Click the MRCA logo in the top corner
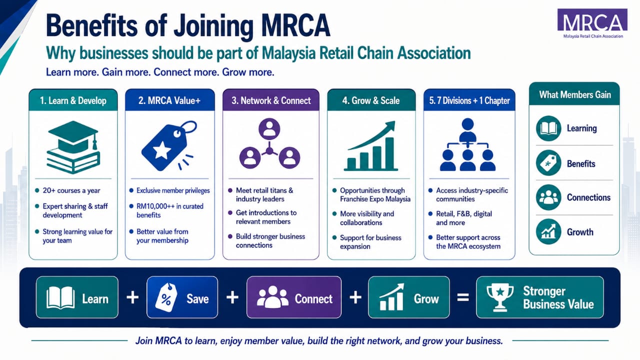(x=592, y=23)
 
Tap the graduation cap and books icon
(x=73, y=147)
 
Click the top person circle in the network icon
(x=269, y=129)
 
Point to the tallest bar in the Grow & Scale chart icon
(x=389, y=153)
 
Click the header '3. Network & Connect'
(x=271, y=100)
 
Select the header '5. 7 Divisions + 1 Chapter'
(x=469, y=100)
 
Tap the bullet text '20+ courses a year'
(x=71, y=190)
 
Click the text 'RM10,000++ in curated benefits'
(x=169, y=210)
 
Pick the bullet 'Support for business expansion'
(x=370, y=242)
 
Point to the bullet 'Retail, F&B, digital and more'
(x=464, y=218)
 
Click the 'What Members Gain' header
(x=575, y=94)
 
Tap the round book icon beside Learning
(x=548, y=128)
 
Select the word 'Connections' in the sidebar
(x=588, y=197)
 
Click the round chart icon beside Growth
(x=548, y=231)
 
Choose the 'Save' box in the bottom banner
(x=182, y=297)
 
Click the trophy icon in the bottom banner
(x=500, y=297)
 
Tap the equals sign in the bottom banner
(x=463, y=297)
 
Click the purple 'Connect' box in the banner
(x=294, y=297)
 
